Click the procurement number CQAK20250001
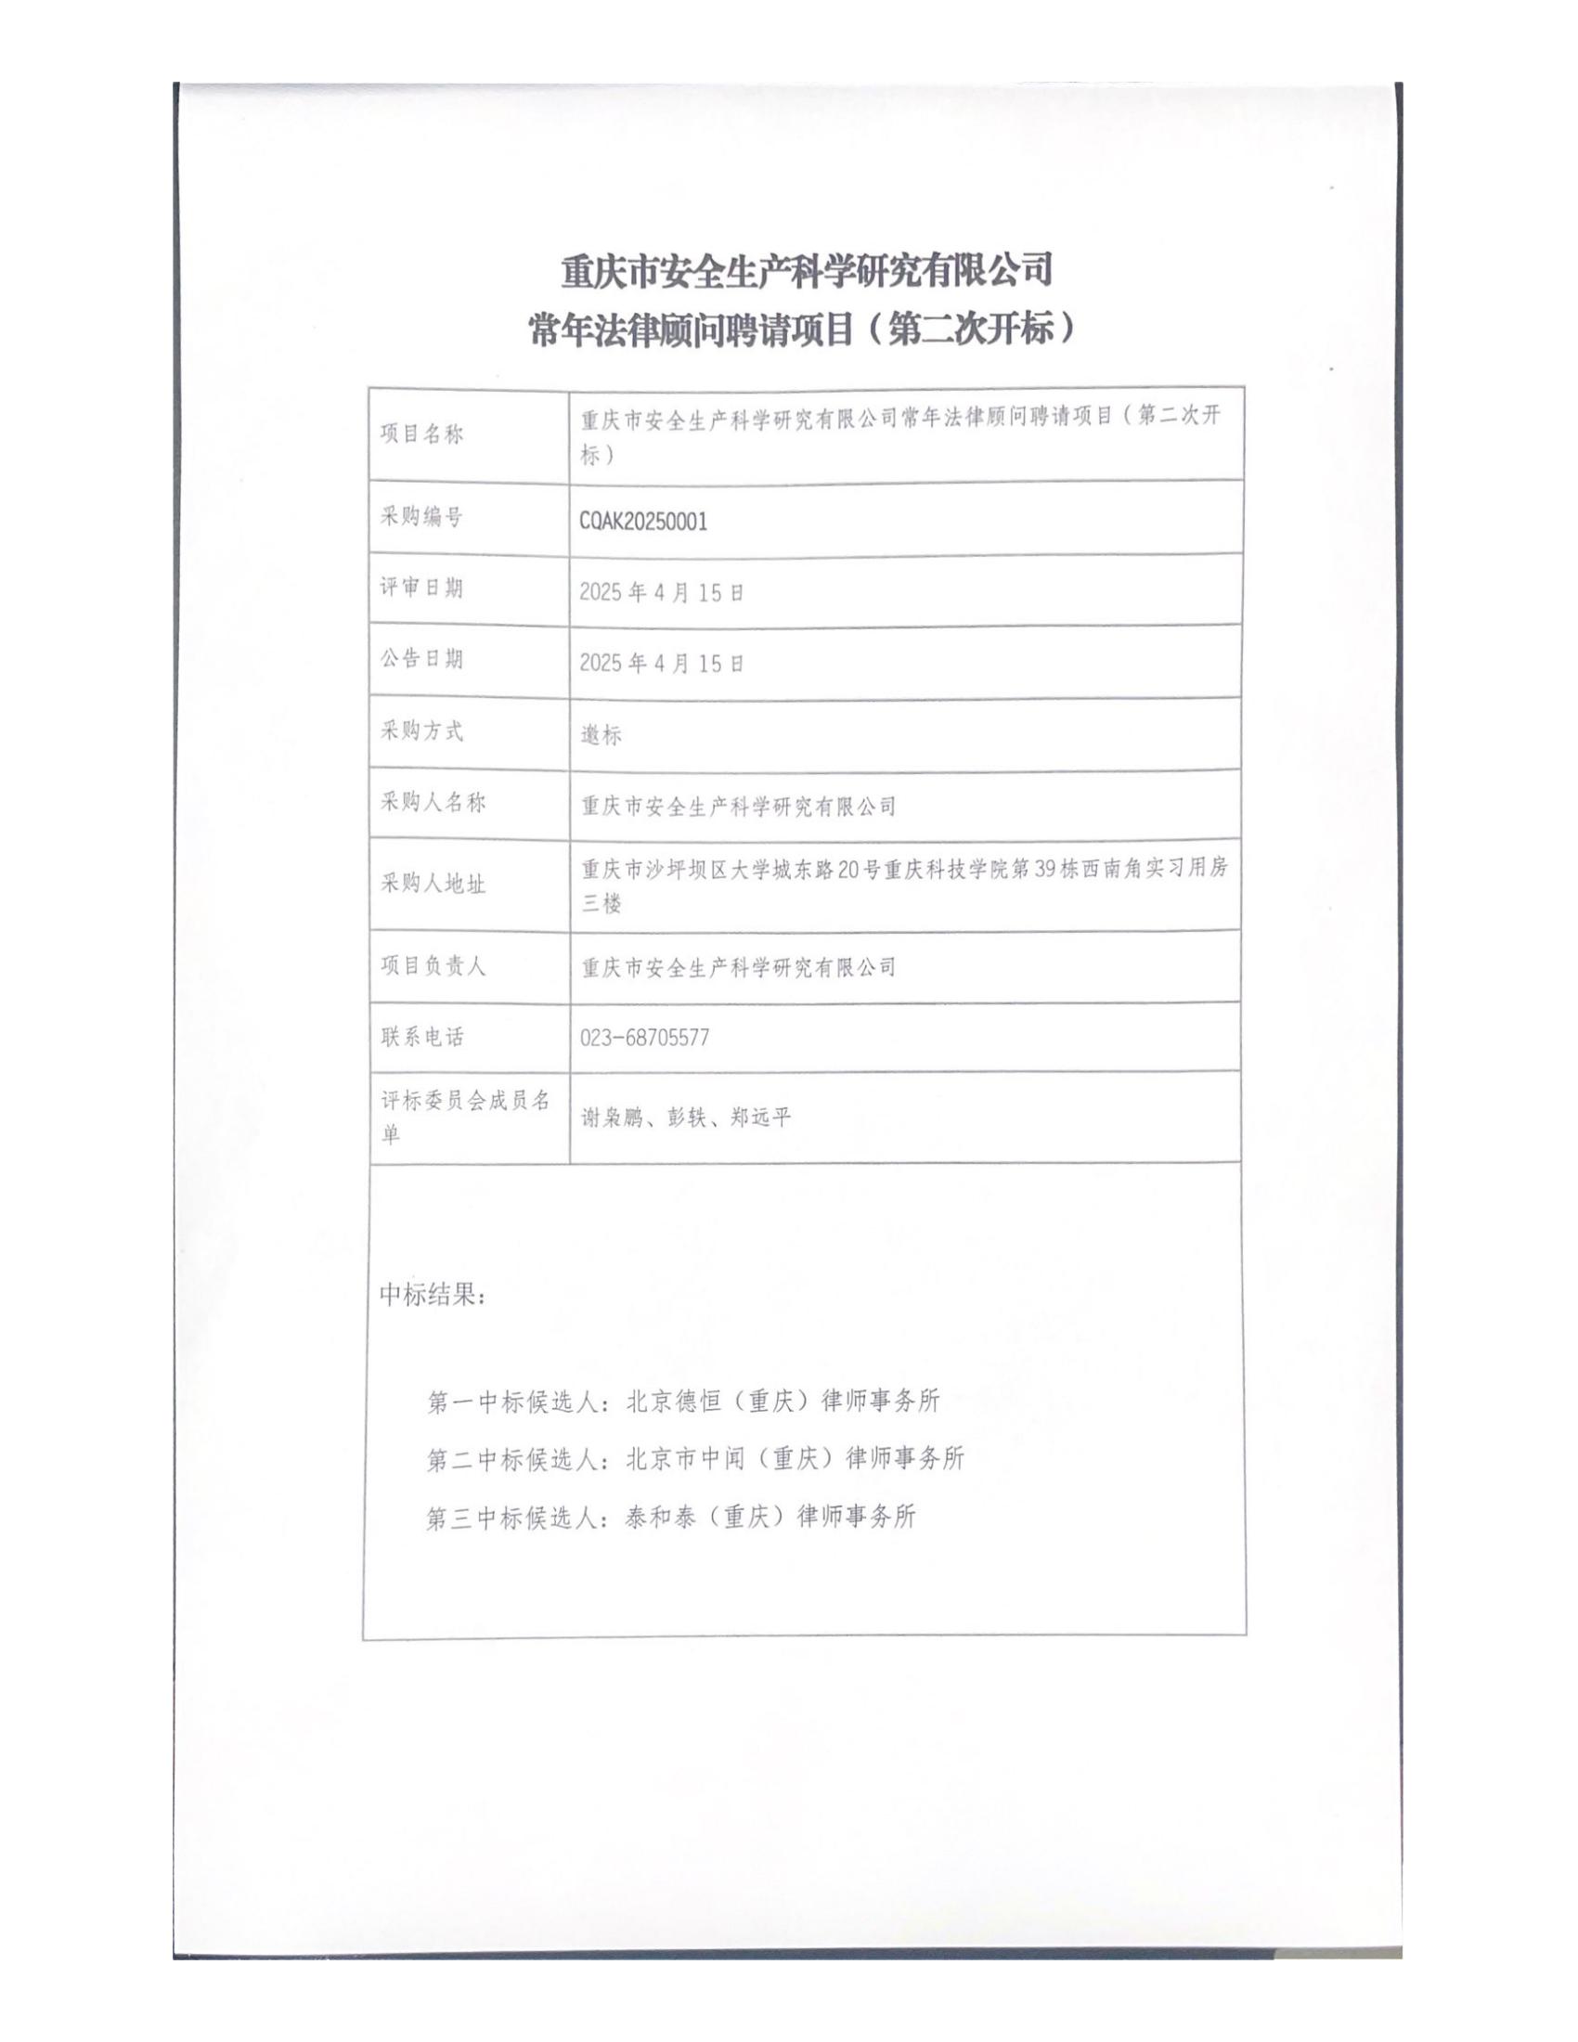[643, 522]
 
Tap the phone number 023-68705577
[644, 1037]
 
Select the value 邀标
[601, 736]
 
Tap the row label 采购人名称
[432, 802]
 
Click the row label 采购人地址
[432, 884]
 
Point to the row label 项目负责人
[432, 966]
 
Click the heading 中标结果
[432, 1295]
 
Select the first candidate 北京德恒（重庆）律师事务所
[783, 1401]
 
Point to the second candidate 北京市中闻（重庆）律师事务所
[795, 1458]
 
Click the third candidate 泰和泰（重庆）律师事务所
[770, 1517]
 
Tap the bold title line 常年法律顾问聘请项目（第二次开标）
[801, 330]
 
